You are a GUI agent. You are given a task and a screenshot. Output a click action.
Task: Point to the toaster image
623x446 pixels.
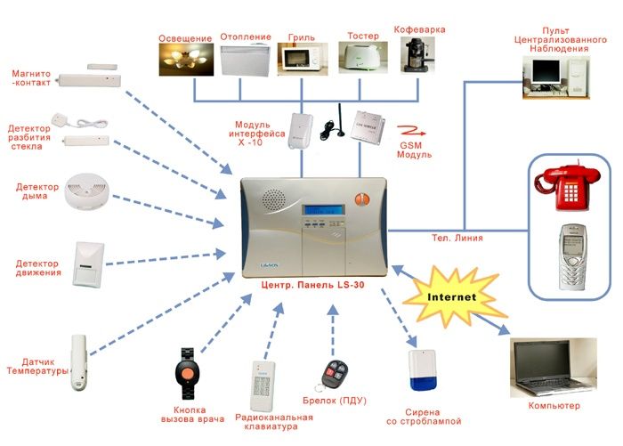[x=360, y=62]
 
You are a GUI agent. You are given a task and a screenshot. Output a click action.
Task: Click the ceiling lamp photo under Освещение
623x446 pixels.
[x=186, y=61]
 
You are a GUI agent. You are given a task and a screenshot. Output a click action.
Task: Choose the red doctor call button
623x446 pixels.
[x=188, y=371]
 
